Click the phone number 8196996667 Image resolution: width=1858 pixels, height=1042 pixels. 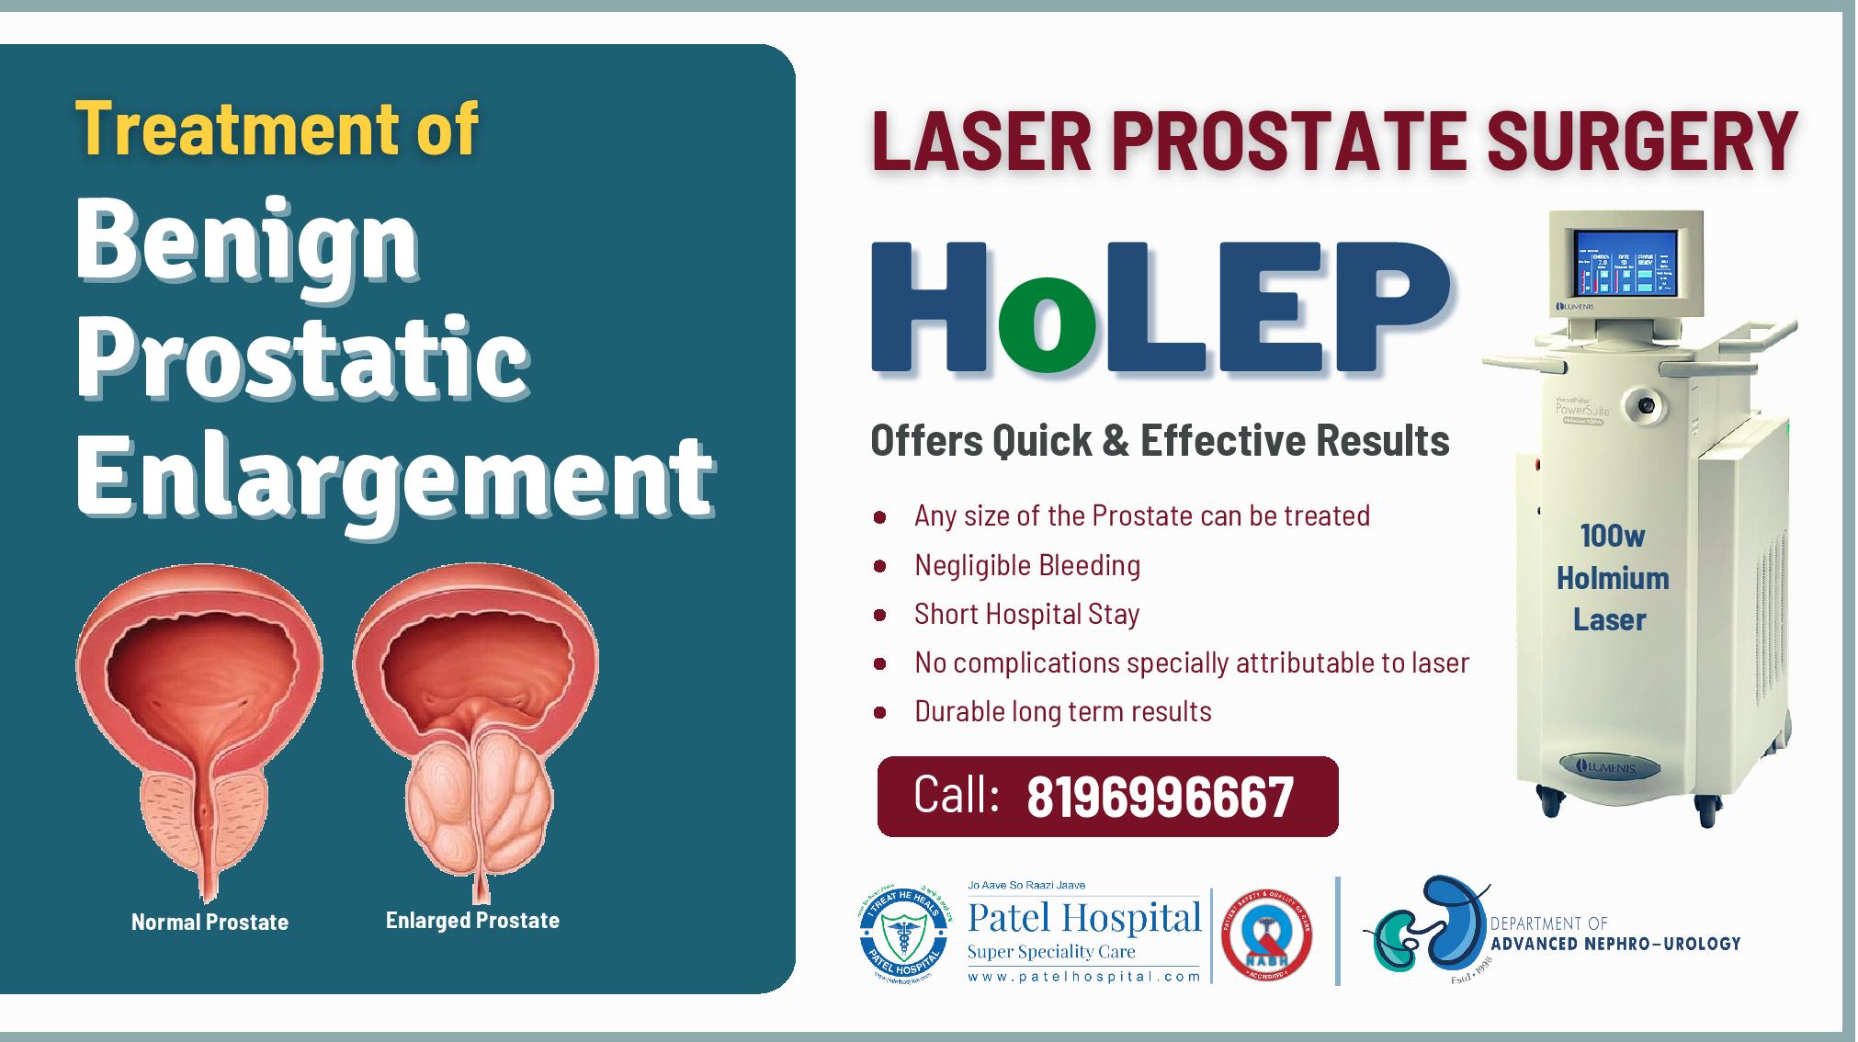[1160, 797]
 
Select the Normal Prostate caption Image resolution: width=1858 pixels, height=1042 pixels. [210, 922]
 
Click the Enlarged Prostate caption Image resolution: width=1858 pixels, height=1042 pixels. [472, 920]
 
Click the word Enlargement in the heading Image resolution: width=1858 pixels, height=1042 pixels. [393, 476]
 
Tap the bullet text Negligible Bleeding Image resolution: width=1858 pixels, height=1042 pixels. [1026, 565]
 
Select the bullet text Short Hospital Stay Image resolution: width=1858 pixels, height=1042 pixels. [1026, 614]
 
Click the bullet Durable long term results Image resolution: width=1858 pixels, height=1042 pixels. [1062, 711]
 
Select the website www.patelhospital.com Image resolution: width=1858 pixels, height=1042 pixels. [1084, 977]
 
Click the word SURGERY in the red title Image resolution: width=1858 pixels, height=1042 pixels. [1641, 141]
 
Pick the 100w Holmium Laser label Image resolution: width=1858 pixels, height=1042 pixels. [1612, 578]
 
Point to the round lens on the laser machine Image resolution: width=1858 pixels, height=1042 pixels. [1645, 402]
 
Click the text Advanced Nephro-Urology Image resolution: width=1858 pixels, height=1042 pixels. [1615, 944]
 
